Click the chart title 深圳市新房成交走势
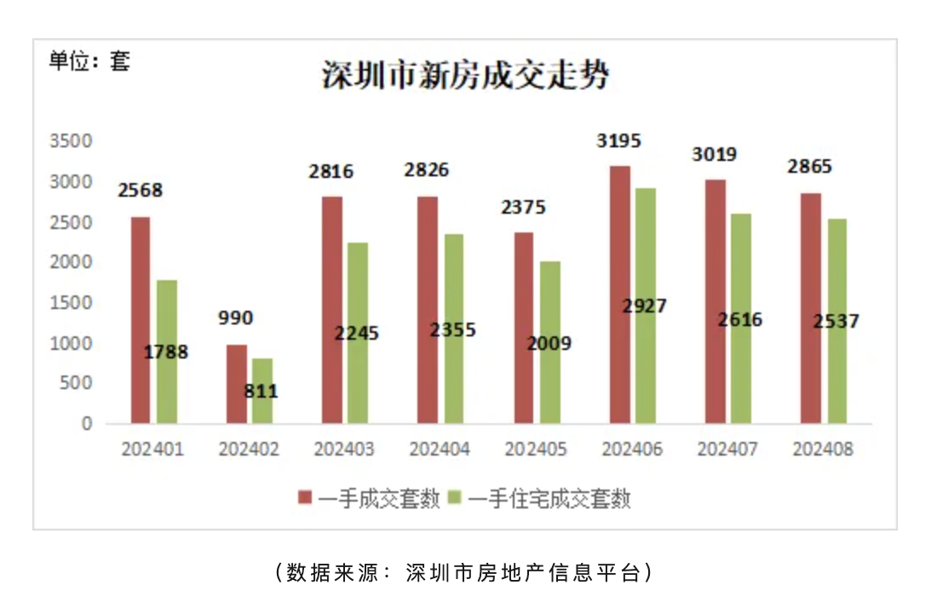click(x=466, y=76)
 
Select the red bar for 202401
click(x=141, y=319)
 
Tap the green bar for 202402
click(x=262, y=391)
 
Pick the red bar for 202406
click(x=619, y=294)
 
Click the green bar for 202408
click(x=837, y=320)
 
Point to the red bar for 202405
click(x=524, y=328)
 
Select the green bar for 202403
click(x=358, y=332)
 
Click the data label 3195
click(x=618, y=141)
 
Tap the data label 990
click(x=236, y=318)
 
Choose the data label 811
click(x=261, y=393)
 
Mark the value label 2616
click(x=740, y=320)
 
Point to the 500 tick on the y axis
click(x=76, y=383)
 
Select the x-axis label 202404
click(x=440, y=450)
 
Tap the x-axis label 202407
click(x=727, y=450)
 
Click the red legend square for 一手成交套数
click(x=304, y=498)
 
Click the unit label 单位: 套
click(x=89, y=61)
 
